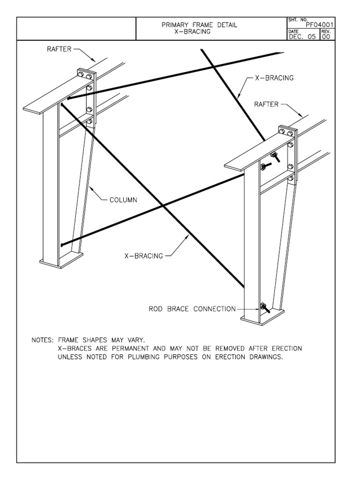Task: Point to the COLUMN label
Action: point(123,200)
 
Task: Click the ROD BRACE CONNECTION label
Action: point(192,309)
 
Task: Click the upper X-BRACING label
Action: point(274,78)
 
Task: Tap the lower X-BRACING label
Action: point(143,256)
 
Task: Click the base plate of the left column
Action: point(61,259)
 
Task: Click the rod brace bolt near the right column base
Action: point(264,307)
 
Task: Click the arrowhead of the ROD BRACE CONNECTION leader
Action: point(257,309)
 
